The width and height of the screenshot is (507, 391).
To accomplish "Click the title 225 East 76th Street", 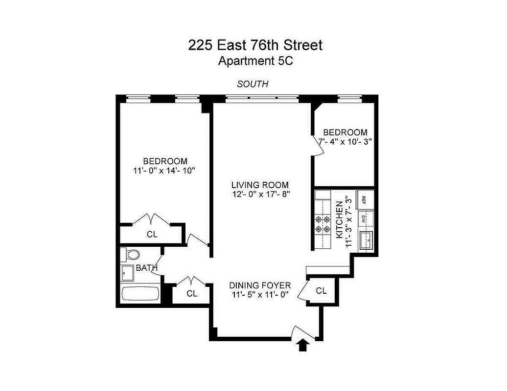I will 255,45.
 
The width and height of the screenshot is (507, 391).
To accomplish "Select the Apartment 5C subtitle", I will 255,61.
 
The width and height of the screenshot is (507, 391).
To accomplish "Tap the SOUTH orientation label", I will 253,84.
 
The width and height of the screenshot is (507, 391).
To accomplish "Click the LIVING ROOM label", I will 260,185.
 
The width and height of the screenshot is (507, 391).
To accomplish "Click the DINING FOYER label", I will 260,285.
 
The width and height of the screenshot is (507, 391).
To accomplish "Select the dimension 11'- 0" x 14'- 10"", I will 165,170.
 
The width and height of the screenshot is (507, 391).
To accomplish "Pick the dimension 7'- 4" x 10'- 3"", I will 345,141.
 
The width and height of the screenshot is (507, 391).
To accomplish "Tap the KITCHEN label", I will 339,220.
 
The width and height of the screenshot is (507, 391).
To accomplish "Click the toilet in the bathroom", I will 131,254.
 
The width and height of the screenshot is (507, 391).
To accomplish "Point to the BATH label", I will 146,268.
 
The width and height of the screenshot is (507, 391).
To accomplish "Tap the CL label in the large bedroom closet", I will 152,234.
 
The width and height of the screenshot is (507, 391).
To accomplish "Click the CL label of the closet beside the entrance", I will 321,291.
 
